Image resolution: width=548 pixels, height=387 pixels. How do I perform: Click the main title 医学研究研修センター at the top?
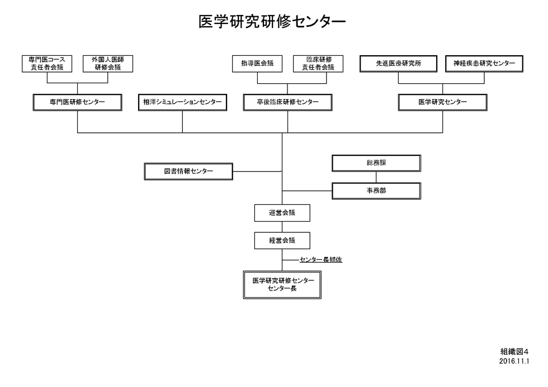[272, 21]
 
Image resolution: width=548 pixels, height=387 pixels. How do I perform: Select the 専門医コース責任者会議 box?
[47, 64]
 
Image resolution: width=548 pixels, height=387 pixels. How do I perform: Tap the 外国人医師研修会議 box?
[107, 64]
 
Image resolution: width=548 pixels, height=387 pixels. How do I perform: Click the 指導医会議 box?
[257, 64]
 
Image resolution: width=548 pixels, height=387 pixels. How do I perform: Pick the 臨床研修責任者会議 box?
[318, 64]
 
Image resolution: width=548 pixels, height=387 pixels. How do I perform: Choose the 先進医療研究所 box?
[398, 64]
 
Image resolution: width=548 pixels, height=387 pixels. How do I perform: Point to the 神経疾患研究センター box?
[484, 64]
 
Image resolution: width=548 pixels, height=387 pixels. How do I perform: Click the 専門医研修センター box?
[77, 102]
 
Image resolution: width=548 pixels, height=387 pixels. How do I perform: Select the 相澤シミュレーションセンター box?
[182, 102]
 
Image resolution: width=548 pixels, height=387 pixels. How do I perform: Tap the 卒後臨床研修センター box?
[287, 102]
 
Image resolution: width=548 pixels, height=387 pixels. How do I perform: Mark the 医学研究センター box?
[442, 102]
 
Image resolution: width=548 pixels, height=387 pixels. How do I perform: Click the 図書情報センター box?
[188, 171]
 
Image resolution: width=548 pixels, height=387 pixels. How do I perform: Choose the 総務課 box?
[376, 163]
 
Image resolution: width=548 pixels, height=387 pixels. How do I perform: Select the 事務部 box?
[376, 191]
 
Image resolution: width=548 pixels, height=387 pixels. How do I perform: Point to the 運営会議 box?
[282, 213]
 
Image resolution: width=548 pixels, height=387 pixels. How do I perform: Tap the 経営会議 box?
[282, 241]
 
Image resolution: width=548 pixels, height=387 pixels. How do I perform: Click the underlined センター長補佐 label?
[321, 260]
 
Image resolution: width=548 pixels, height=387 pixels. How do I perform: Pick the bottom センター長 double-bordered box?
[282, 285]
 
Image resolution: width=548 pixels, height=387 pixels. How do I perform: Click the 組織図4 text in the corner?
[514, 351]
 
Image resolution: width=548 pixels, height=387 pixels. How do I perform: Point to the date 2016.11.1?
[514, 361]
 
